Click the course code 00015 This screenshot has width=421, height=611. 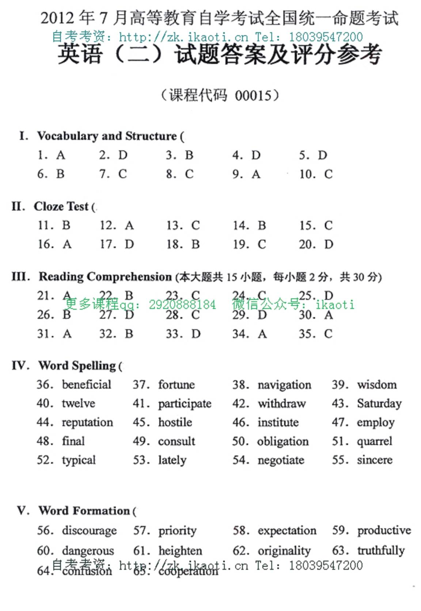point(253,96)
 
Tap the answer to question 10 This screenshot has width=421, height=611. point(328,174)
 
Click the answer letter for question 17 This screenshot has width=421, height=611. point(129,244)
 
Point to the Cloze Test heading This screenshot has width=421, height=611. point(61,206)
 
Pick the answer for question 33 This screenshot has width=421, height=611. point(196,334)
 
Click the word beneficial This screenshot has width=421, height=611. point(87,384)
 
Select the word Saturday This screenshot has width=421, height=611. point(379,403)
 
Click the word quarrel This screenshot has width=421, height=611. point(375,441)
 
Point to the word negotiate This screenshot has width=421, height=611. point(281,460)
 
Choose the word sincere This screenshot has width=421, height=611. point(375,460)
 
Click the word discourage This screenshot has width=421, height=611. point(90,530)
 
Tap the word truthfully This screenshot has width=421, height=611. point(381,550)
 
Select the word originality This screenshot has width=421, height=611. point(284,550)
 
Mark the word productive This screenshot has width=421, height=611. point(384,530)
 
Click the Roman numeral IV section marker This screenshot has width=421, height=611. point(20,365)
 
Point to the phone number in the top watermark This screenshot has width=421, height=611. point(326,37)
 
